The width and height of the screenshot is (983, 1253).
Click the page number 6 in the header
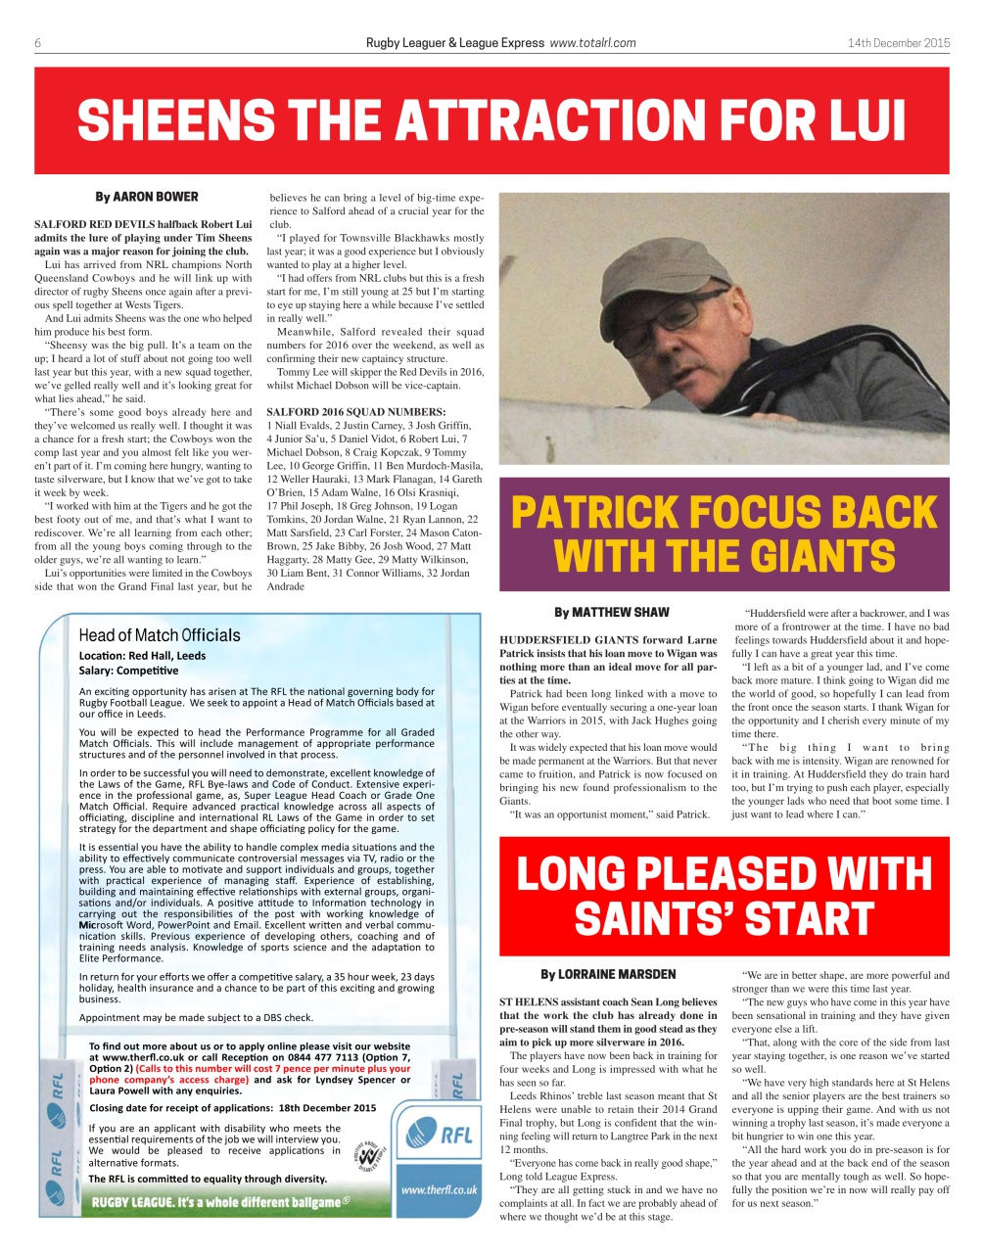pyautogui.click(x=37, y=43)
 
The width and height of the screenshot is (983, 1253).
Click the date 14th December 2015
pyautogui.click(x=898, y=43)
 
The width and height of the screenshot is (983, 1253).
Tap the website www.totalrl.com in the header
pyautogui.click(x=593, y=43)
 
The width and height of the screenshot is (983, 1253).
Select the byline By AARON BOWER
pyautogui.click(x=146, y=197)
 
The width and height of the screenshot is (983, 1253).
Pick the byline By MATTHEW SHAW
pyautogui.click(x=611, y=613)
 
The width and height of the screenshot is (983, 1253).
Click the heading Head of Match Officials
pyautogui.click(x=160, y=635)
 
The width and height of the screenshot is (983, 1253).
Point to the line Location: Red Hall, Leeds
pyautogui.click(x=143, y=656)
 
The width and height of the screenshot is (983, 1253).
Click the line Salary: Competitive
pyautogui.click(x=129, y=671)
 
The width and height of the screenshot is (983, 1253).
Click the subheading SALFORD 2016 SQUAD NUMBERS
pyautogui.click(x=355, y=411)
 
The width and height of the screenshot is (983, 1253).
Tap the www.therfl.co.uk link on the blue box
pyautogui.click(x=439, y=1189)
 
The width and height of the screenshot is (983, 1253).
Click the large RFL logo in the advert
pyautogui.click(x=440, y=1135)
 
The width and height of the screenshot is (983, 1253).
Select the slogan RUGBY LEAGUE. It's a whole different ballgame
pyautogui.click(x=221, y=1202)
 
